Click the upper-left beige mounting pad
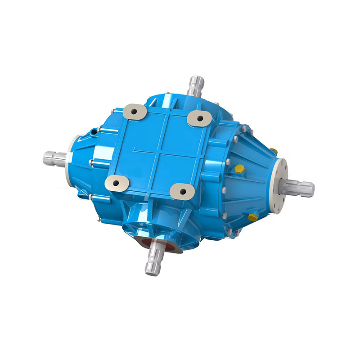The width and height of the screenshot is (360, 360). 134,110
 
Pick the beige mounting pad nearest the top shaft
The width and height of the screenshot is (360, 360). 200,118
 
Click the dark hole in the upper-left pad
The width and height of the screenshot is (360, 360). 135,110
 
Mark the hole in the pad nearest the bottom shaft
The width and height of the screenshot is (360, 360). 183,192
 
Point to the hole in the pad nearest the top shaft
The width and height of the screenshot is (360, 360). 200,118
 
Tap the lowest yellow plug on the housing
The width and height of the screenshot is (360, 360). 253,217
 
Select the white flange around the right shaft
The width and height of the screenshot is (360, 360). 280,184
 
